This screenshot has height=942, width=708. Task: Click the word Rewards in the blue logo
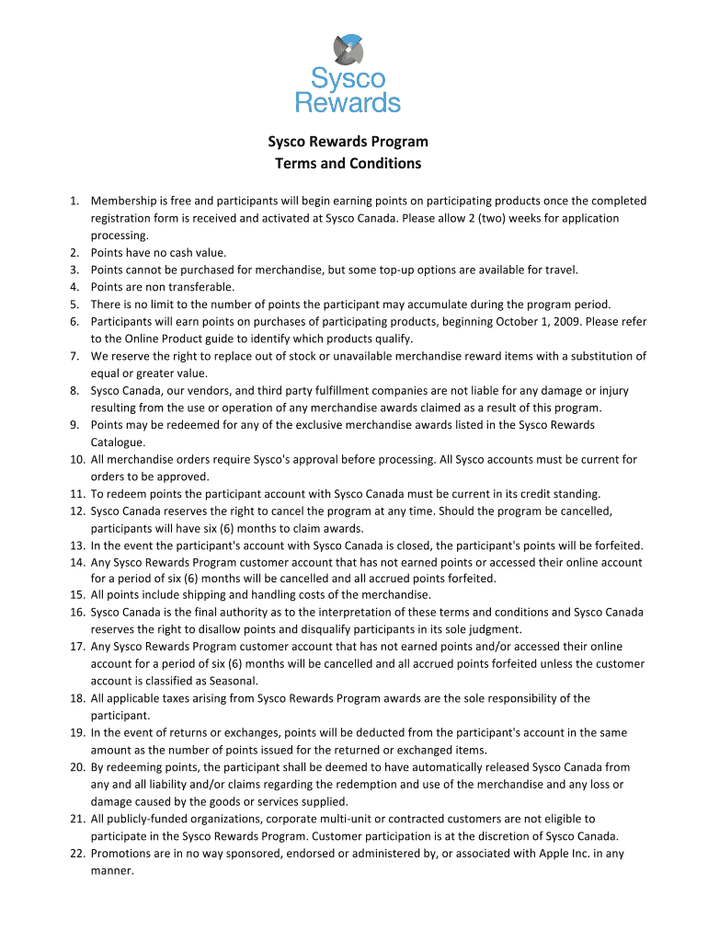[x=348, y=101]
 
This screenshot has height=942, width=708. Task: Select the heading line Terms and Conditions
[x=348, y=164]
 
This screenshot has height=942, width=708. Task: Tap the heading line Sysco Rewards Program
[x=348, y=142]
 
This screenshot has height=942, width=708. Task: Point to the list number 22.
[x=76, y=853]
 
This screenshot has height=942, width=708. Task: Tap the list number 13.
[x=76, y=545]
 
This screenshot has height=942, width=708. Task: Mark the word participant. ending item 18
[x=120, y=715]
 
